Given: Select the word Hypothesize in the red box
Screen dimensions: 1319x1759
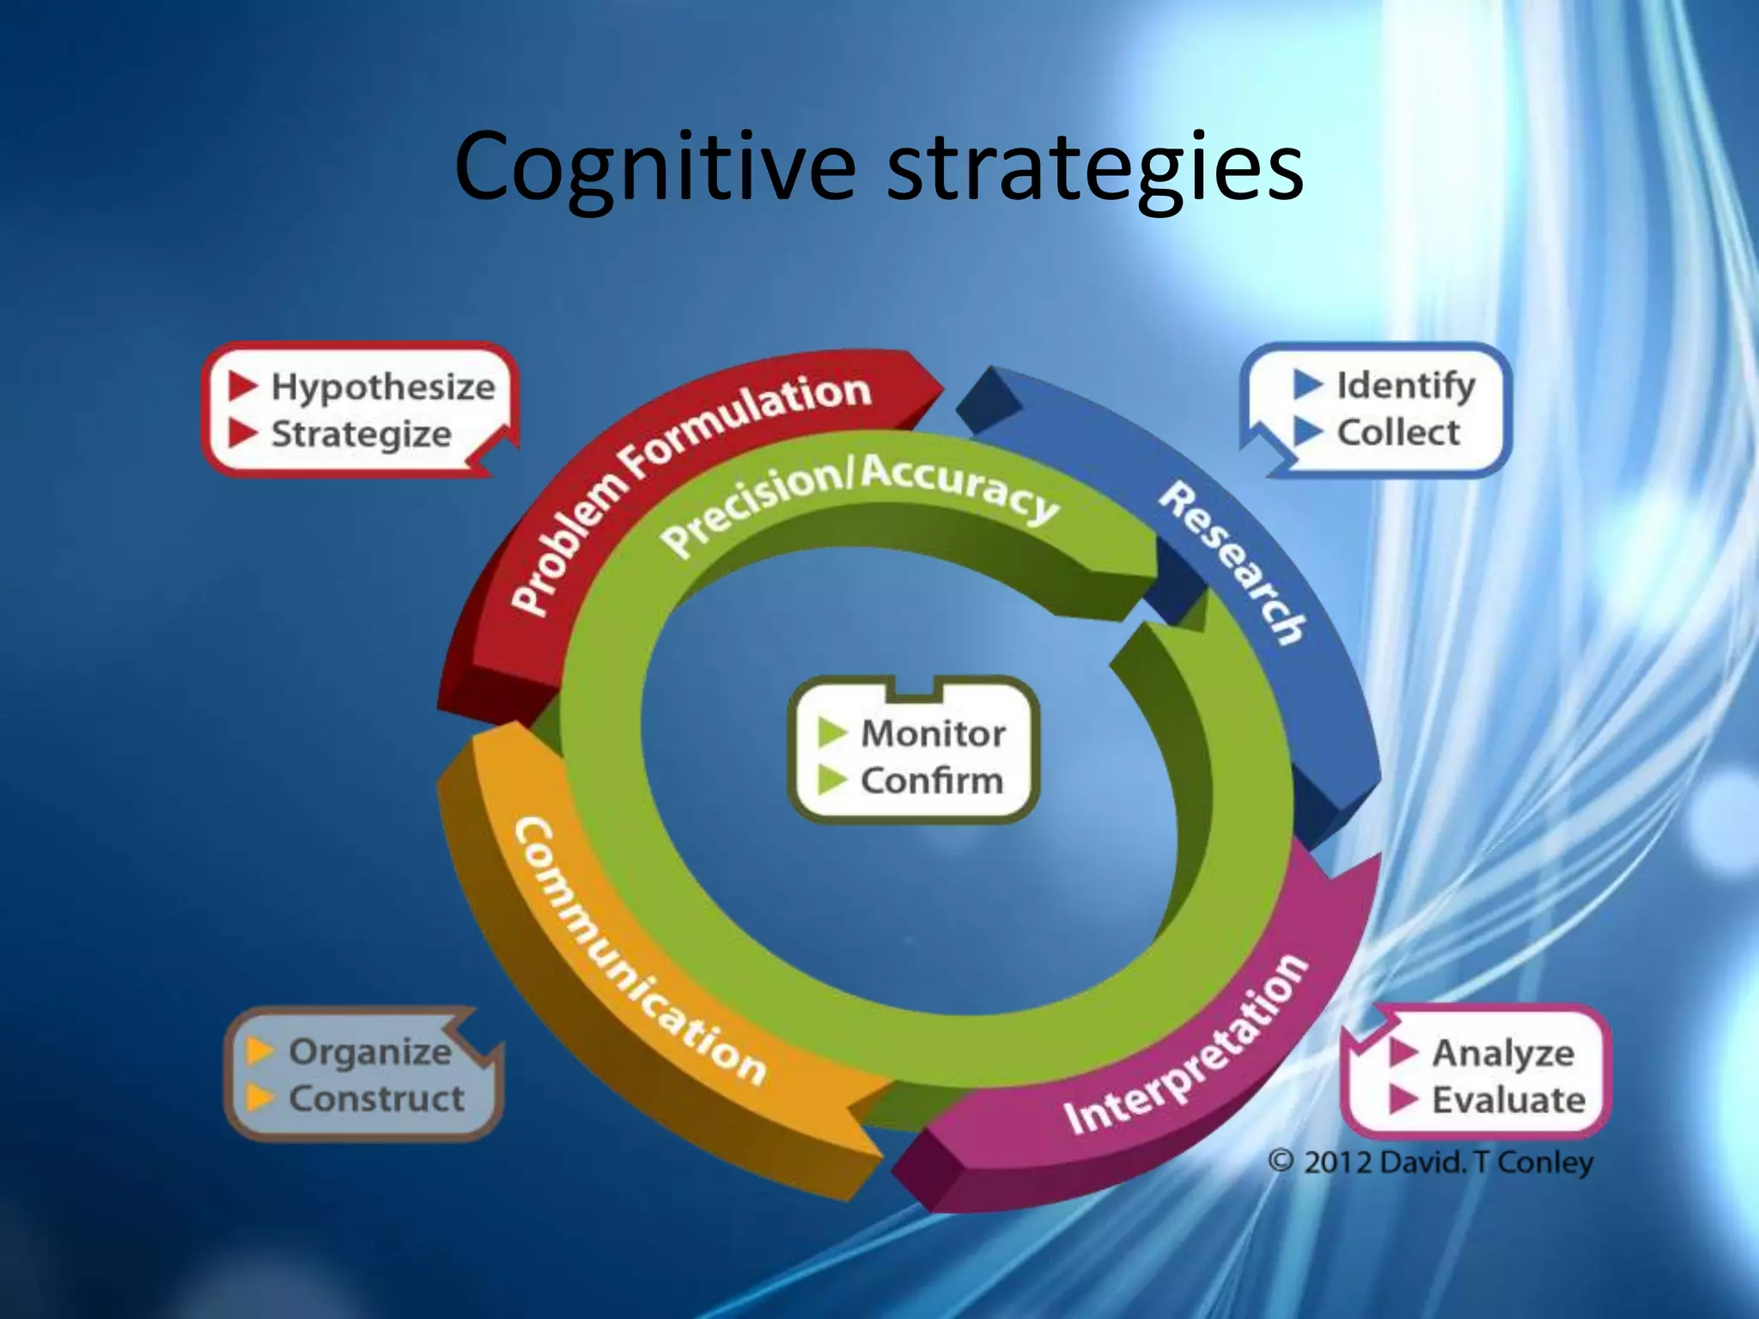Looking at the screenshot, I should pos(383,387).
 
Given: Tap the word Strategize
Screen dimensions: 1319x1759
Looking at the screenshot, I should pos(362,434).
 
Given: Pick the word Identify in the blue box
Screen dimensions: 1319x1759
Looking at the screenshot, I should pos(1406,386).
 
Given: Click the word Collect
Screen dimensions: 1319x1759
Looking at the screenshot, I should pos(1398,432).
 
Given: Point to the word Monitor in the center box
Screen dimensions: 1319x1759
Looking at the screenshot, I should pos(933,734).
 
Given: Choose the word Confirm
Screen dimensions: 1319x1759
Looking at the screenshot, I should pos(932,781).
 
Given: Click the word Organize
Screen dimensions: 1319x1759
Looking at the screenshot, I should pos(370,1052).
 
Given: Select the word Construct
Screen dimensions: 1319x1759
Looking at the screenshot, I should pos(376,1098).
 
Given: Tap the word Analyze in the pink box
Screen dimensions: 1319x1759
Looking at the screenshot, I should pos(1503,1053).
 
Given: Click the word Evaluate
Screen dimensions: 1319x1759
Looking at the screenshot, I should pos(1508,1100).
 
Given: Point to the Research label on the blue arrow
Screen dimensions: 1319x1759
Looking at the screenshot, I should pos(1233,563).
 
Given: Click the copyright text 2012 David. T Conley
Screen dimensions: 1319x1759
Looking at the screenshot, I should pos(1432,1163).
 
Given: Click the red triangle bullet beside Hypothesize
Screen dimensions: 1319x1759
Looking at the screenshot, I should pos(243,386).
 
